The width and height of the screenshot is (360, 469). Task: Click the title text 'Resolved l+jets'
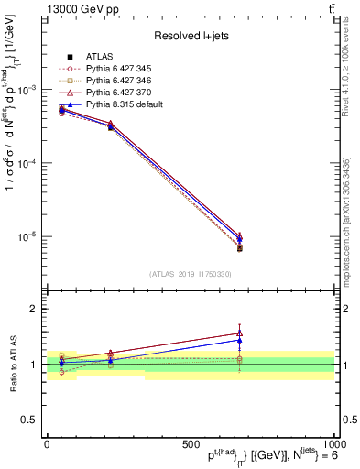[191, 35]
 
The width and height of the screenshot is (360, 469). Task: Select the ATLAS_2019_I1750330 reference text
[190, 274]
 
